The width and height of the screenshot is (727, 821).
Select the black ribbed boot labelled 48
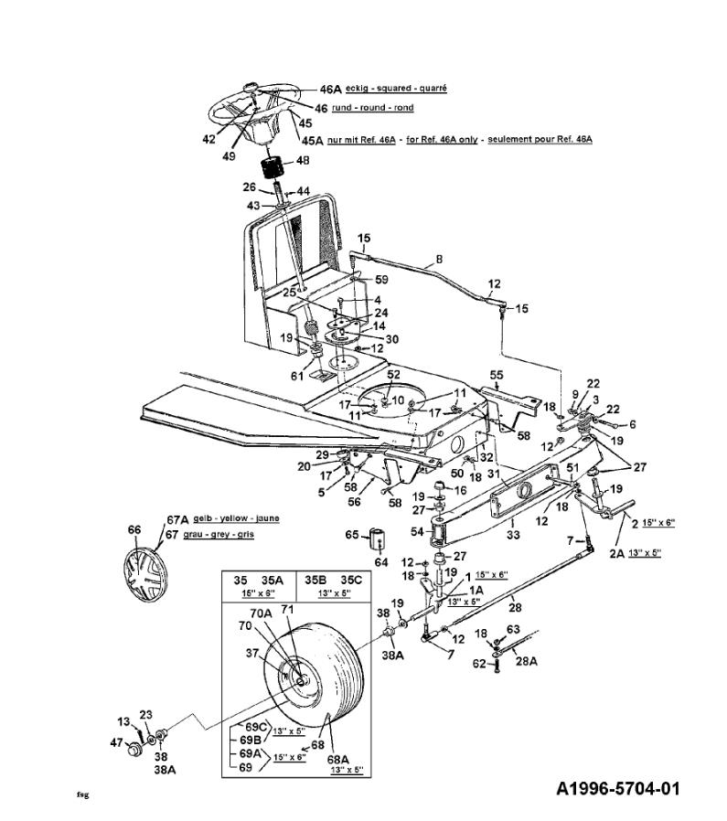coord(273,168)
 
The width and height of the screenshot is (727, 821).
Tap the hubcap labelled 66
coord(144,572)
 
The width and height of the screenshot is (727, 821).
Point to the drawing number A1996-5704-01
coord(618,788)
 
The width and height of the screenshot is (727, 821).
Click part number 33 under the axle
coord(513,535)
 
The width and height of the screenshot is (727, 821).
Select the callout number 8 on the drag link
coord(439,259)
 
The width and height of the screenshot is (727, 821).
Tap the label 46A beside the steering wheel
coord(330,90)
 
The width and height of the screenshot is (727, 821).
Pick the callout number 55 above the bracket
coord(496,375)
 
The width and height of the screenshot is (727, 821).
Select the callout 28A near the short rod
coord(527,661)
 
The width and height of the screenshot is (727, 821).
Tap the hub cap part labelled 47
coord(135,750)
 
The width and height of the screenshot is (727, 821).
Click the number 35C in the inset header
coord(351,581)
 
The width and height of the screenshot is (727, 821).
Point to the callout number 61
coord(297,376)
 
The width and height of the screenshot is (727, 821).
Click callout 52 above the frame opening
coord(393,374)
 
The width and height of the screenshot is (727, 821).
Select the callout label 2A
coord(617,553)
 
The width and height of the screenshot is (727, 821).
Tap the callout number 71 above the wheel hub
coord(287,610)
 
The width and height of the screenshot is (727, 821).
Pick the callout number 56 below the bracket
coord(355,502)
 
